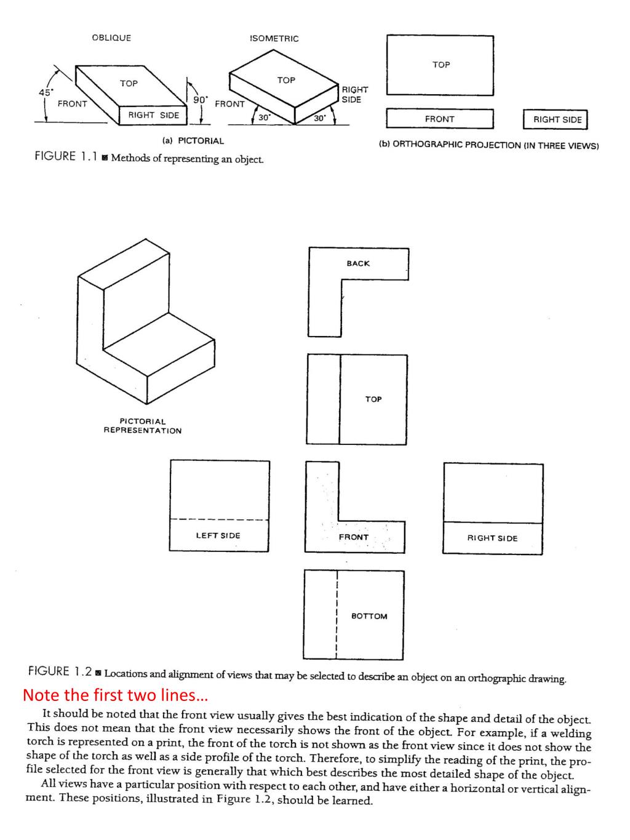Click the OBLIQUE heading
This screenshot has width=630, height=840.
tap(111, 38)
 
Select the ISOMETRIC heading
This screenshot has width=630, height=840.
tap(274, 38)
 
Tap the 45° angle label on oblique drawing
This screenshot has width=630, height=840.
tap(46, 92)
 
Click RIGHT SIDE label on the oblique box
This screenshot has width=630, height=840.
tap(153, 115)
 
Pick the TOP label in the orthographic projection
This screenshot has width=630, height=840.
tap(441, 65)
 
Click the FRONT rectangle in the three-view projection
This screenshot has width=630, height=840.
tap(439, 119)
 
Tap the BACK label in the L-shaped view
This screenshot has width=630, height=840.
tap(358, 263)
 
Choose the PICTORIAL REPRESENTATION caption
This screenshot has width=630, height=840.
tap(142, 426)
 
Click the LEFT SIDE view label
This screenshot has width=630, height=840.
tap(218, 535)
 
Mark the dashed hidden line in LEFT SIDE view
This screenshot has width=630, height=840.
tap(219, 519)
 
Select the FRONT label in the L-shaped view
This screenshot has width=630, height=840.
tap(354, 537)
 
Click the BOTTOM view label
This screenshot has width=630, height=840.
tap(369, 616)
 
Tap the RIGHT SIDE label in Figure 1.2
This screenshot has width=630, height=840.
tap(492, 538)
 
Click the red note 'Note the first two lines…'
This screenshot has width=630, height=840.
tap(116, 695)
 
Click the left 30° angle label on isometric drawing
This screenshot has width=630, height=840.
tap(263, 118)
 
